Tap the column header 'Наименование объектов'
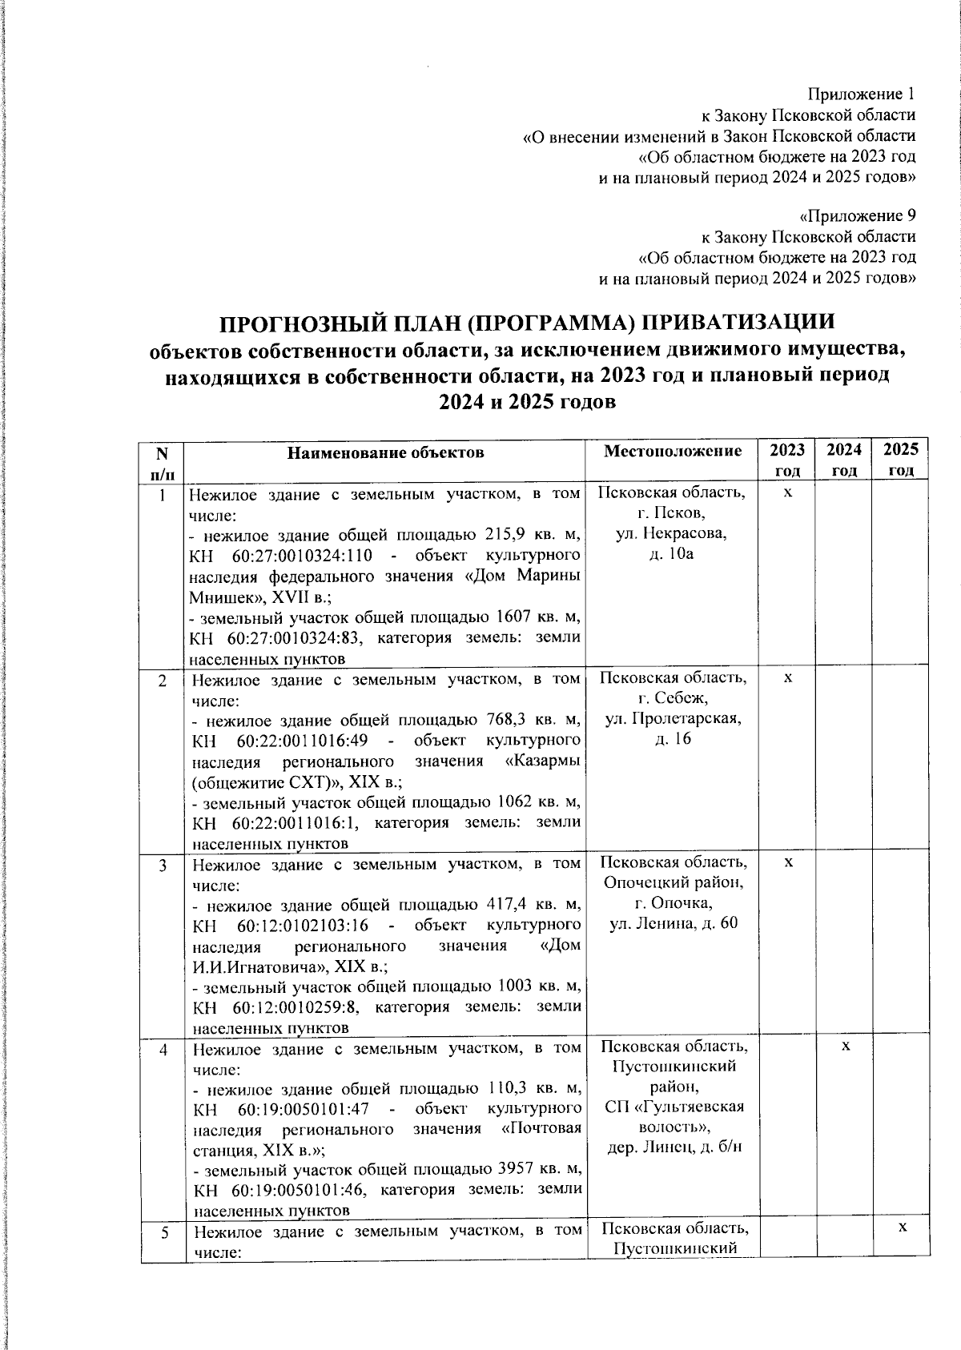tap(386, 452)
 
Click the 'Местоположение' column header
tap(672, 452)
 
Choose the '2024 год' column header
tap(844, 460)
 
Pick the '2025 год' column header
tap(901, 460)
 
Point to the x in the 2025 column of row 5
tap(901, 1227)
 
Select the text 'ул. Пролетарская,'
tap(673, 719)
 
